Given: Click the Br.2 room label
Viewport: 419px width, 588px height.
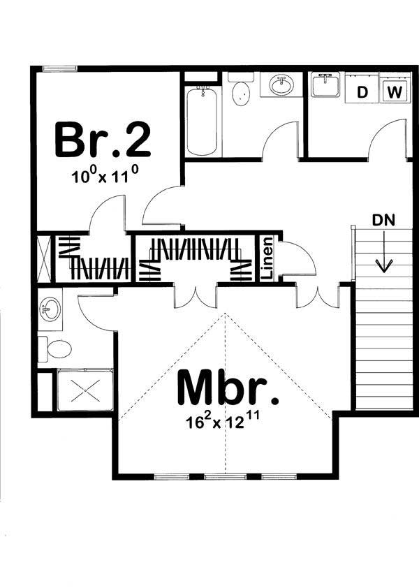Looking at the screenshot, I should pyautogui.click(x=102, y=139).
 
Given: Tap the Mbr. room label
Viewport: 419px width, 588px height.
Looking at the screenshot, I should pyautogui.click(x=228, y=388).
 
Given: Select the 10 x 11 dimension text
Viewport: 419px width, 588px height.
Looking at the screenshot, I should pyautogui.click(x=102, y=176).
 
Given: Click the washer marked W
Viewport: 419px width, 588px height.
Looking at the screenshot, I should pyautogui.click(x=395, y=91).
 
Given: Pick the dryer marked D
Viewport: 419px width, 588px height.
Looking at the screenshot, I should pyautogui.click(x=362, y=91).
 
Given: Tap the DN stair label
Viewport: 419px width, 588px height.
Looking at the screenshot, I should pyautogui.click(x=382, y=220).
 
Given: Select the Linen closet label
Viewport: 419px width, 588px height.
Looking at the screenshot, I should pyautogui.click(x=267, y=259).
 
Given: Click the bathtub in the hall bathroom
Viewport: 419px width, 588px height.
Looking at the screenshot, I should pyautogui.click(x=203, y=120).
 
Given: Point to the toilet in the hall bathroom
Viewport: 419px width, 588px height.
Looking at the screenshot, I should pyautogui.click(x=240, y=92).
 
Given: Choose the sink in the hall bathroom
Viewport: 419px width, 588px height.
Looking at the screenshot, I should pyautogui.click(x=281, y=86).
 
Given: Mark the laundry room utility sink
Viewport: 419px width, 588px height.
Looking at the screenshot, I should pyautogui.click(x=325, y=87).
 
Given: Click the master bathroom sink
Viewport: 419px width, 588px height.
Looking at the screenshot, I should pyautogui.click(x=49, y=309).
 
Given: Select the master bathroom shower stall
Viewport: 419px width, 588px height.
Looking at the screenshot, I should pyautogui.click(x=84, y=390).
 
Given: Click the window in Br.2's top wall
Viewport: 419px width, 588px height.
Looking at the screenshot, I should pyautogui.click(x=59, y=68).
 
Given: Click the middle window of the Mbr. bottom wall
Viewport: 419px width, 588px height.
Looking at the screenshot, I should pyautogui.click(x=219, y=477).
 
